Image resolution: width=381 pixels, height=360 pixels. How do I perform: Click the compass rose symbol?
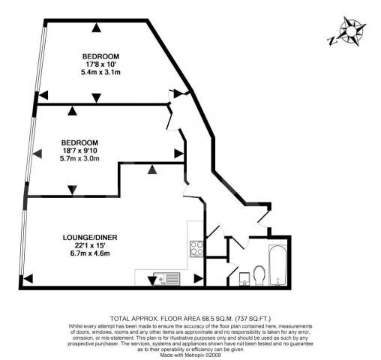pos(350,32)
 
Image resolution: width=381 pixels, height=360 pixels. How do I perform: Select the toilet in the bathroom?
pos(259,275)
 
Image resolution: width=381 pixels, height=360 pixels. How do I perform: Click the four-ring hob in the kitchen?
pos(198,247)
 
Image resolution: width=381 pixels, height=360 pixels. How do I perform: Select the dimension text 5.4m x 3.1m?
pos(100,72)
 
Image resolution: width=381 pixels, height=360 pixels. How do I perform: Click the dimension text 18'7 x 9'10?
pos(80,151)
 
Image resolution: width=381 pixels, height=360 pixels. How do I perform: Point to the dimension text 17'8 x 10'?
pos(100,64)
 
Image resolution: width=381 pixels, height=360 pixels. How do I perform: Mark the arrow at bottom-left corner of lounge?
pos(27,280)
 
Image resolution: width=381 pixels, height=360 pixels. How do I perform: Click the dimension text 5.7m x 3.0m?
pos(80,158)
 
